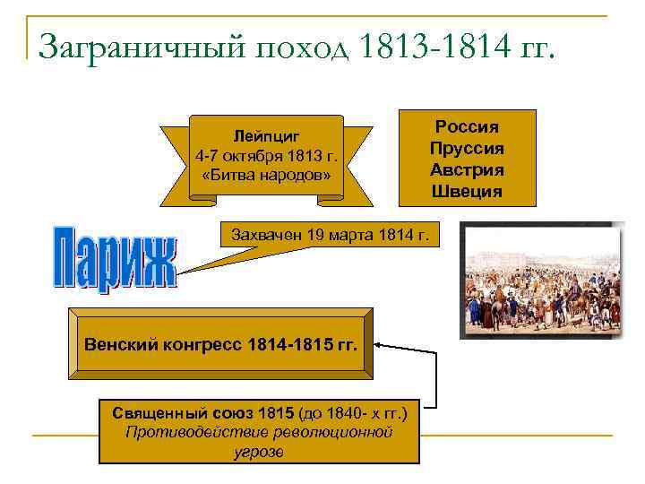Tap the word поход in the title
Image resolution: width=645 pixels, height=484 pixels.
303,44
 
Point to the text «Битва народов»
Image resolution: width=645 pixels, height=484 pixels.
267,174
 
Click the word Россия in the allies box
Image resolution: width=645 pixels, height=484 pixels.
467,127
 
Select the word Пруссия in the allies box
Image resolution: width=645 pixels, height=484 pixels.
467,148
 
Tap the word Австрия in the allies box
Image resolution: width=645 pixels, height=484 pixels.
467,169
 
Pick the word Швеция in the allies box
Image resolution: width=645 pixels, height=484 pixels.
467,191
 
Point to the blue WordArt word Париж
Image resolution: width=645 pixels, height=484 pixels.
115,258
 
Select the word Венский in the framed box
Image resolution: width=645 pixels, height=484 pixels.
119,344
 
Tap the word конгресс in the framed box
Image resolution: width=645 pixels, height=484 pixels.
197,344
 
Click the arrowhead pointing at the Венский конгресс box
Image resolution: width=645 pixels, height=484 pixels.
380,343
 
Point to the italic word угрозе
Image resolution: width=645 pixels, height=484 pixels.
258,451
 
